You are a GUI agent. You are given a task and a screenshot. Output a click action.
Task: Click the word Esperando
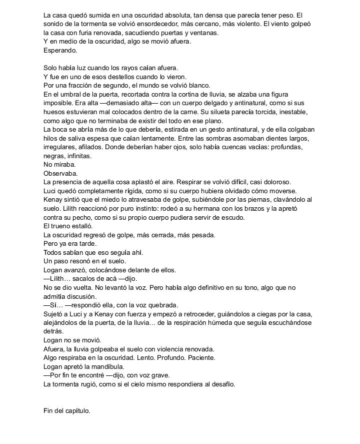[59, 51]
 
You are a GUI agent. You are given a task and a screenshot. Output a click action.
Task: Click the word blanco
[200, 86]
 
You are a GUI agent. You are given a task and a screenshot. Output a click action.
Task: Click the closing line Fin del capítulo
[67, 411]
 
